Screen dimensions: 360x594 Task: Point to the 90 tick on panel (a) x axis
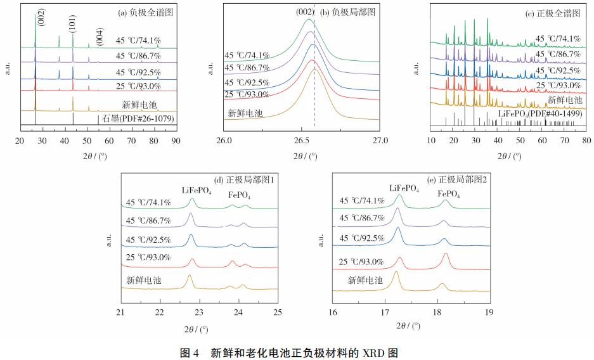pyautogui.click(x=176, y=141)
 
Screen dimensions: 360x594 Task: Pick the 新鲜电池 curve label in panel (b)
pyautogui.click(x=245, y=114)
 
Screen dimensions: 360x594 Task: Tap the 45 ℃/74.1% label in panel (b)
pyautogui.click(x=247, y=55)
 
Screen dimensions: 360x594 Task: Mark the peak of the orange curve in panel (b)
pyautogui.click(x=314, y=69)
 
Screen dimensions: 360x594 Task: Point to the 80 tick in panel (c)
pyautogui.click(x=587, y=141)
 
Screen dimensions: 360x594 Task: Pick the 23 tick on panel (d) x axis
pyautogui.click(x=200, y=312)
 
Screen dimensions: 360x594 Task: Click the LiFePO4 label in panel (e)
pyautogui.click(x=404, y=188)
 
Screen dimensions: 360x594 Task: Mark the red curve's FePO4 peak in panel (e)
pyautogui.click(x=446, y=254)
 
